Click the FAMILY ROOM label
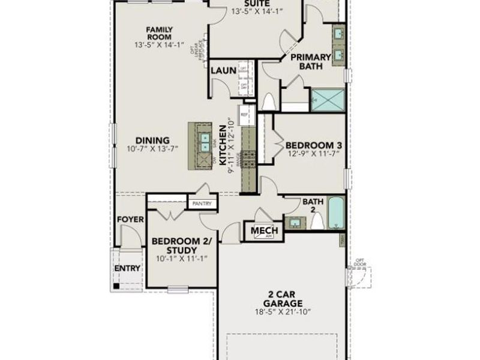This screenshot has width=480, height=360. [x=160, y=33]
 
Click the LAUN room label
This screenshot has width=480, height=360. [x=223, y=70]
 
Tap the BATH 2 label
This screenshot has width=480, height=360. [x=312, y=206]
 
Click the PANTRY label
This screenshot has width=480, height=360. [x=202, y=204]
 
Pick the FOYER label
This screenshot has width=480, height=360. [x=130, y=220]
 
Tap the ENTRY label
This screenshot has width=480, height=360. [x=127, y=268]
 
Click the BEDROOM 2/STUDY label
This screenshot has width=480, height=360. [x=181, y=245]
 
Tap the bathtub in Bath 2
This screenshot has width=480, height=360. [x=335, y=214]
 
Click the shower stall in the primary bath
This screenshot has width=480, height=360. [x=327, y=100]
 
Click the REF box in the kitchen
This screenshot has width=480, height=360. [x=244, y=113]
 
